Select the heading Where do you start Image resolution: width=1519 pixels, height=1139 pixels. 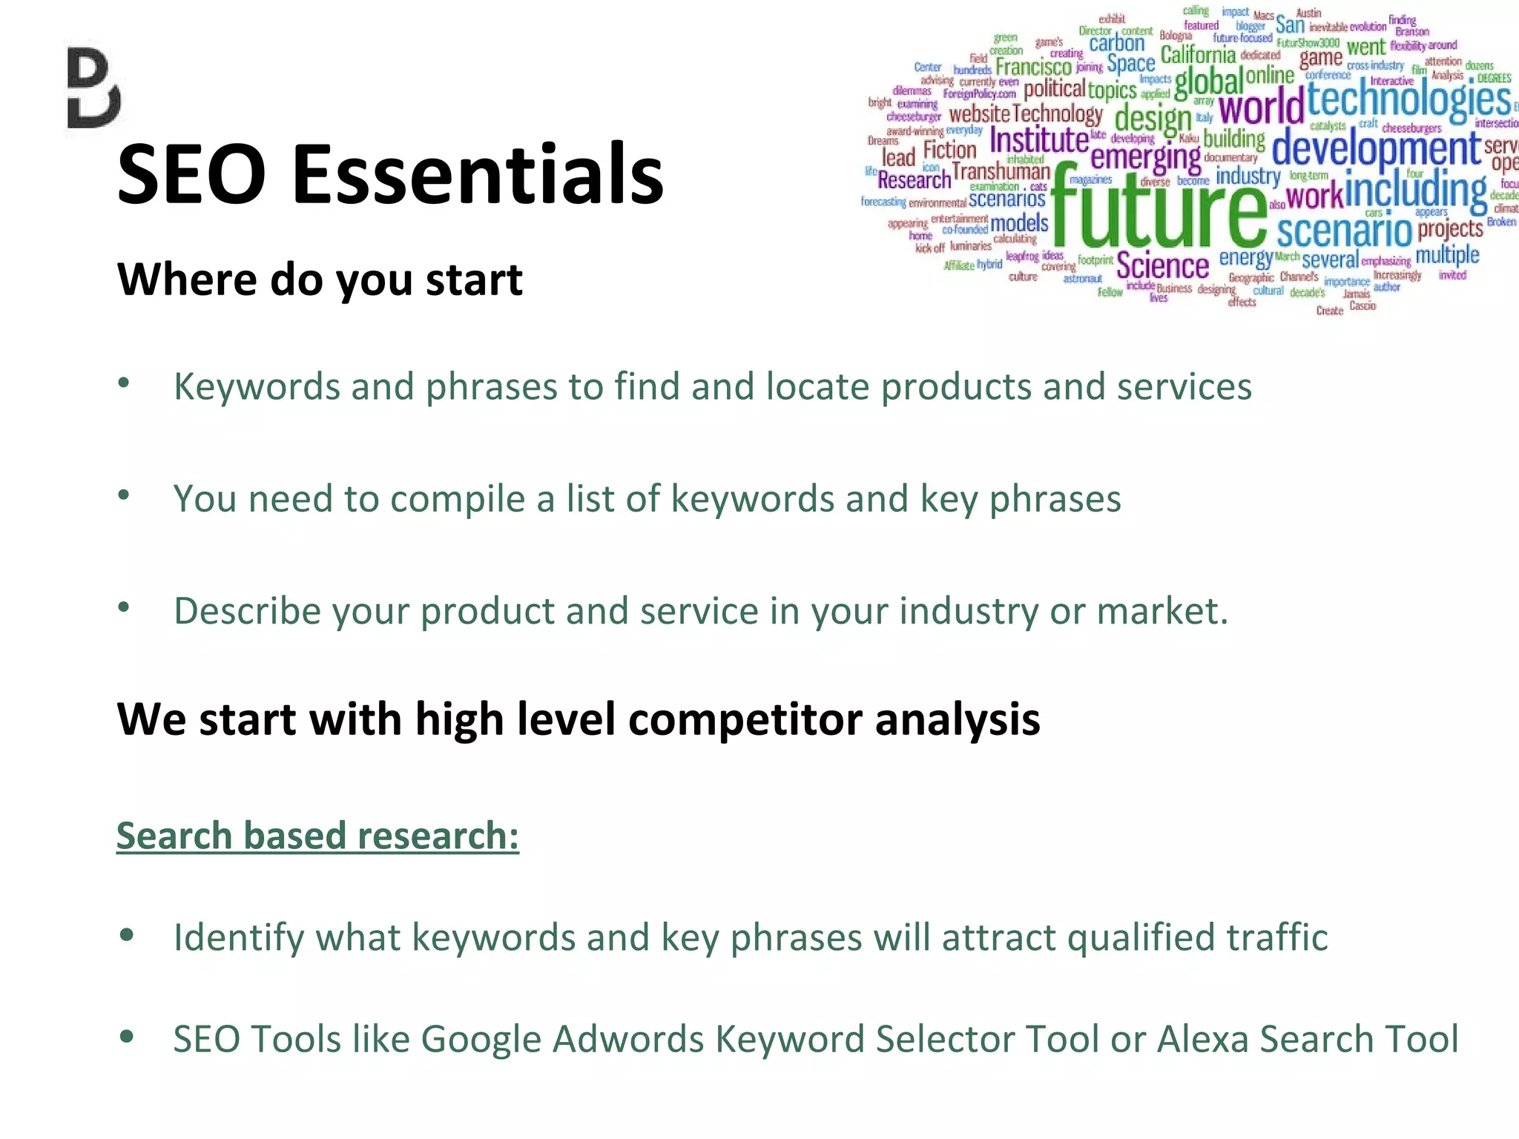click(319, 280)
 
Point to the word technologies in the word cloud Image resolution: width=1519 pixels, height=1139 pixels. click(1408, 100)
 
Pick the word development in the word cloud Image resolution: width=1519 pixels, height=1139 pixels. click(1376, 148)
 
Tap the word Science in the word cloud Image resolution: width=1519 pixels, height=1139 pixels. click(1162, 265)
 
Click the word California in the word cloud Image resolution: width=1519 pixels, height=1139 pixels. click(1198, 55)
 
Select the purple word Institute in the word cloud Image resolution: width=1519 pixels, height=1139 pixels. click(1038, 139)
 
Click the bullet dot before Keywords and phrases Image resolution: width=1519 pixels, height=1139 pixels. click(124, 383)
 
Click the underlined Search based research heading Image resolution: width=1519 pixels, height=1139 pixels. click(317, 836)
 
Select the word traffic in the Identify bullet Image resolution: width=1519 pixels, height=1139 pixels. click(1276, 937)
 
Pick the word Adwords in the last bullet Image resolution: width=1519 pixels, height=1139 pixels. click(627, 1038)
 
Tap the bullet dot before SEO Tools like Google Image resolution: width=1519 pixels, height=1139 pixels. click(127, 1036)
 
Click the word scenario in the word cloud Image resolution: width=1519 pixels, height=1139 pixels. click(1344, 231)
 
